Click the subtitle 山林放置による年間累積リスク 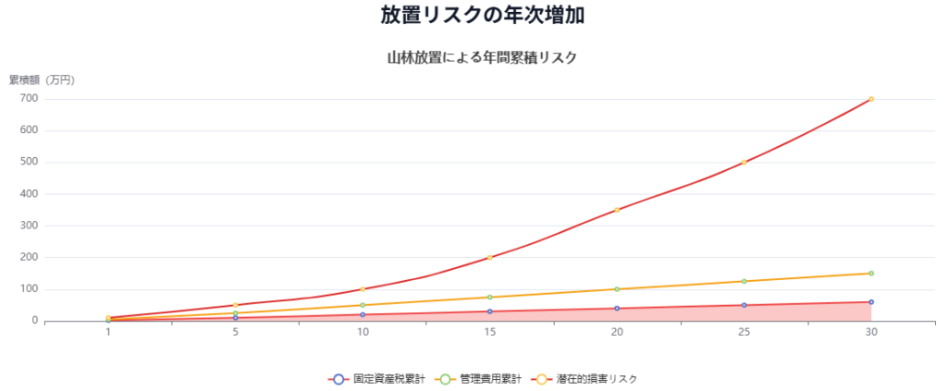point(482,57)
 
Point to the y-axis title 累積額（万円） point(42,80)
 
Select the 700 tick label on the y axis point(28,99)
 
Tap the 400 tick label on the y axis point(28,194)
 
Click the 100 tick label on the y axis point(28,289)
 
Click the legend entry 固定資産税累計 point(377,379)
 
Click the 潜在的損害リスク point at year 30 point(871,99)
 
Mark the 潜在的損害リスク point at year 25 point(744,163)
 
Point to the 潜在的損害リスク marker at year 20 point(617,210)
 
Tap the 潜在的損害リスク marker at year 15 point(489,258)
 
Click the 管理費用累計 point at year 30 point(871,274)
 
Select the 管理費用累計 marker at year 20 point(617,289)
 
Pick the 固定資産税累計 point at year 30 point(871,302)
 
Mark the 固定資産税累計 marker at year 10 point(363,314)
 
